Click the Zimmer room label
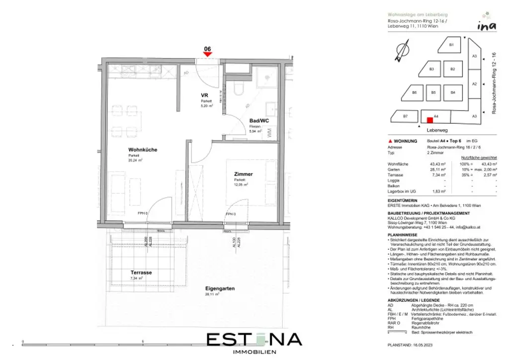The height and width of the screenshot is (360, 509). [x=244, y=174]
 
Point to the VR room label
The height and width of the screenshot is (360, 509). [x=204, y=95]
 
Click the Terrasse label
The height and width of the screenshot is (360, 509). [x=141, y=272]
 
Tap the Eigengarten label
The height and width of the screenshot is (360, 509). [x=220, y=288]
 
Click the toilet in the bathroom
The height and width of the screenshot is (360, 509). [x=238, y=90]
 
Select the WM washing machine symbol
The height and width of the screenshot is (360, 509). [x=269, y=133]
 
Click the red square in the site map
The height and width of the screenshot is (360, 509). [x=429, y=119]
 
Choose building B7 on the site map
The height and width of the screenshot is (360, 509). [x=405, y=116]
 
